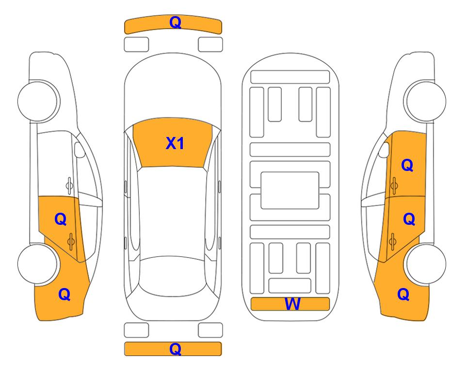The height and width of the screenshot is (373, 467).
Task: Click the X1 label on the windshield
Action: point(175,143)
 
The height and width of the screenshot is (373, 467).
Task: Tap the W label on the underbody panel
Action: point(292,304)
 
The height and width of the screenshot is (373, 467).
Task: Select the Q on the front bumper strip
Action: point(176,22)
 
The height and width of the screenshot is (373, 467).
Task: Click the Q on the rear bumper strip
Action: point(176,349)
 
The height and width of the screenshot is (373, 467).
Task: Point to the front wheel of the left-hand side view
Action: point(38,101)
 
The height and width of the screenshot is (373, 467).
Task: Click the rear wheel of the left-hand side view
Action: point(38,264)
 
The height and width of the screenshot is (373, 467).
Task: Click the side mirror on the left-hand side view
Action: point(79,150)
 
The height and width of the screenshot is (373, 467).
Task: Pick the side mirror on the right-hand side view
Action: point(384,150)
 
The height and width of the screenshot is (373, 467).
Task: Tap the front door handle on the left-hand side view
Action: point(69,186)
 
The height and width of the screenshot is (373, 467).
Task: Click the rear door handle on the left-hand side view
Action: point(71,242)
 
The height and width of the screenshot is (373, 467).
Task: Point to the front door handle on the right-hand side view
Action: point(394,186)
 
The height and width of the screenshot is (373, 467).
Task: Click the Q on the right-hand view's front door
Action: point(407,165)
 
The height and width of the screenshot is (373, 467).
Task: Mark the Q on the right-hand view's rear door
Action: point(409,220)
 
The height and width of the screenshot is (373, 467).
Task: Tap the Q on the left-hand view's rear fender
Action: point(64,294)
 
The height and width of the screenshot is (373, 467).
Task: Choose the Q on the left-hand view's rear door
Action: point(61,220)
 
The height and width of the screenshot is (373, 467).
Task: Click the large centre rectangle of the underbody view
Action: point(290,190)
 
